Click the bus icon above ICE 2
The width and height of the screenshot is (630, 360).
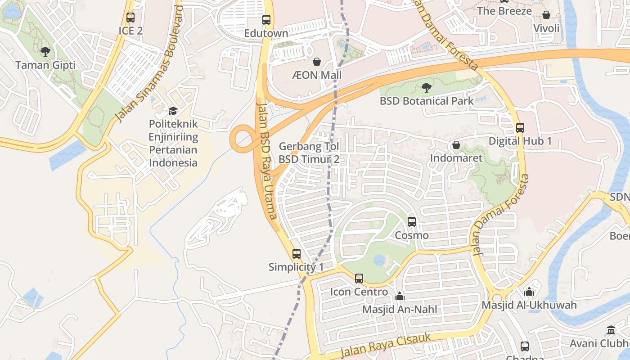click(x=130, y=18)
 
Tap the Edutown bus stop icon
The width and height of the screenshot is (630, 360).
click(x=266, y=20)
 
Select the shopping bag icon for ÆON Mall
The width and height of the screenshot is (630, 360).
click(x=317, y=61)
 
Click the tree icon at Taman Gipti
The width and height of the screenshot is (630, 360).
click(x=45, y=51)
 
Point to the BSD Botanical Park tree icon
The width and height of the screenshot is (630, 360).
click(x=426, y=87)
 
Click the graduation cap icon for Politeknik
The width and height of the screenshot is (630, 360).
click(x=173, y=111)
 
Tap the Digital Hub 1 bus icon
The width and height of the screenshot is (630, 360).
click(x=520, y=127)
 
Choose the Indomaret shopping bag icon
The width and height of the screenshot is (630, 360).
click(x=456, y=145)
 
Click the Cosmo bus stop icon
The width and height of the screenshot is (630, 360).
click(x=411, y=221)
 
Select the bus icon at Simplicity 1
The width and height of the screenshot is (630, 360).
click(x=296, y=253)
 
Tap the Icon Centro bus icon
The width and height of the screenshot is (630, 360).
click(x=359, y=278)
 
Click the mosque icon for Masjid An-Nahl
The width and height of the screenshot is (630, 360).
click(x=399, y=296)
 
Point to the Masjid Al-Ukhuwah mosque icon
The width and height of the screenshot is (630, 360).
click(x=529, y=292)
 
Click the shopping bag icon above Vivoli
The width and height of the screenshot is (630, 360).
click(x=546, y=15)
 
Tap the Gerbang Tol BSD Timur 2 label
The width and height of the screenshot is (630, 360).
click(x=309, y=153)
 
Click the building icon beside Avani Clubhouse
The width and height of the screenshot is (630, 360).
click(x=611, y=330)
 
